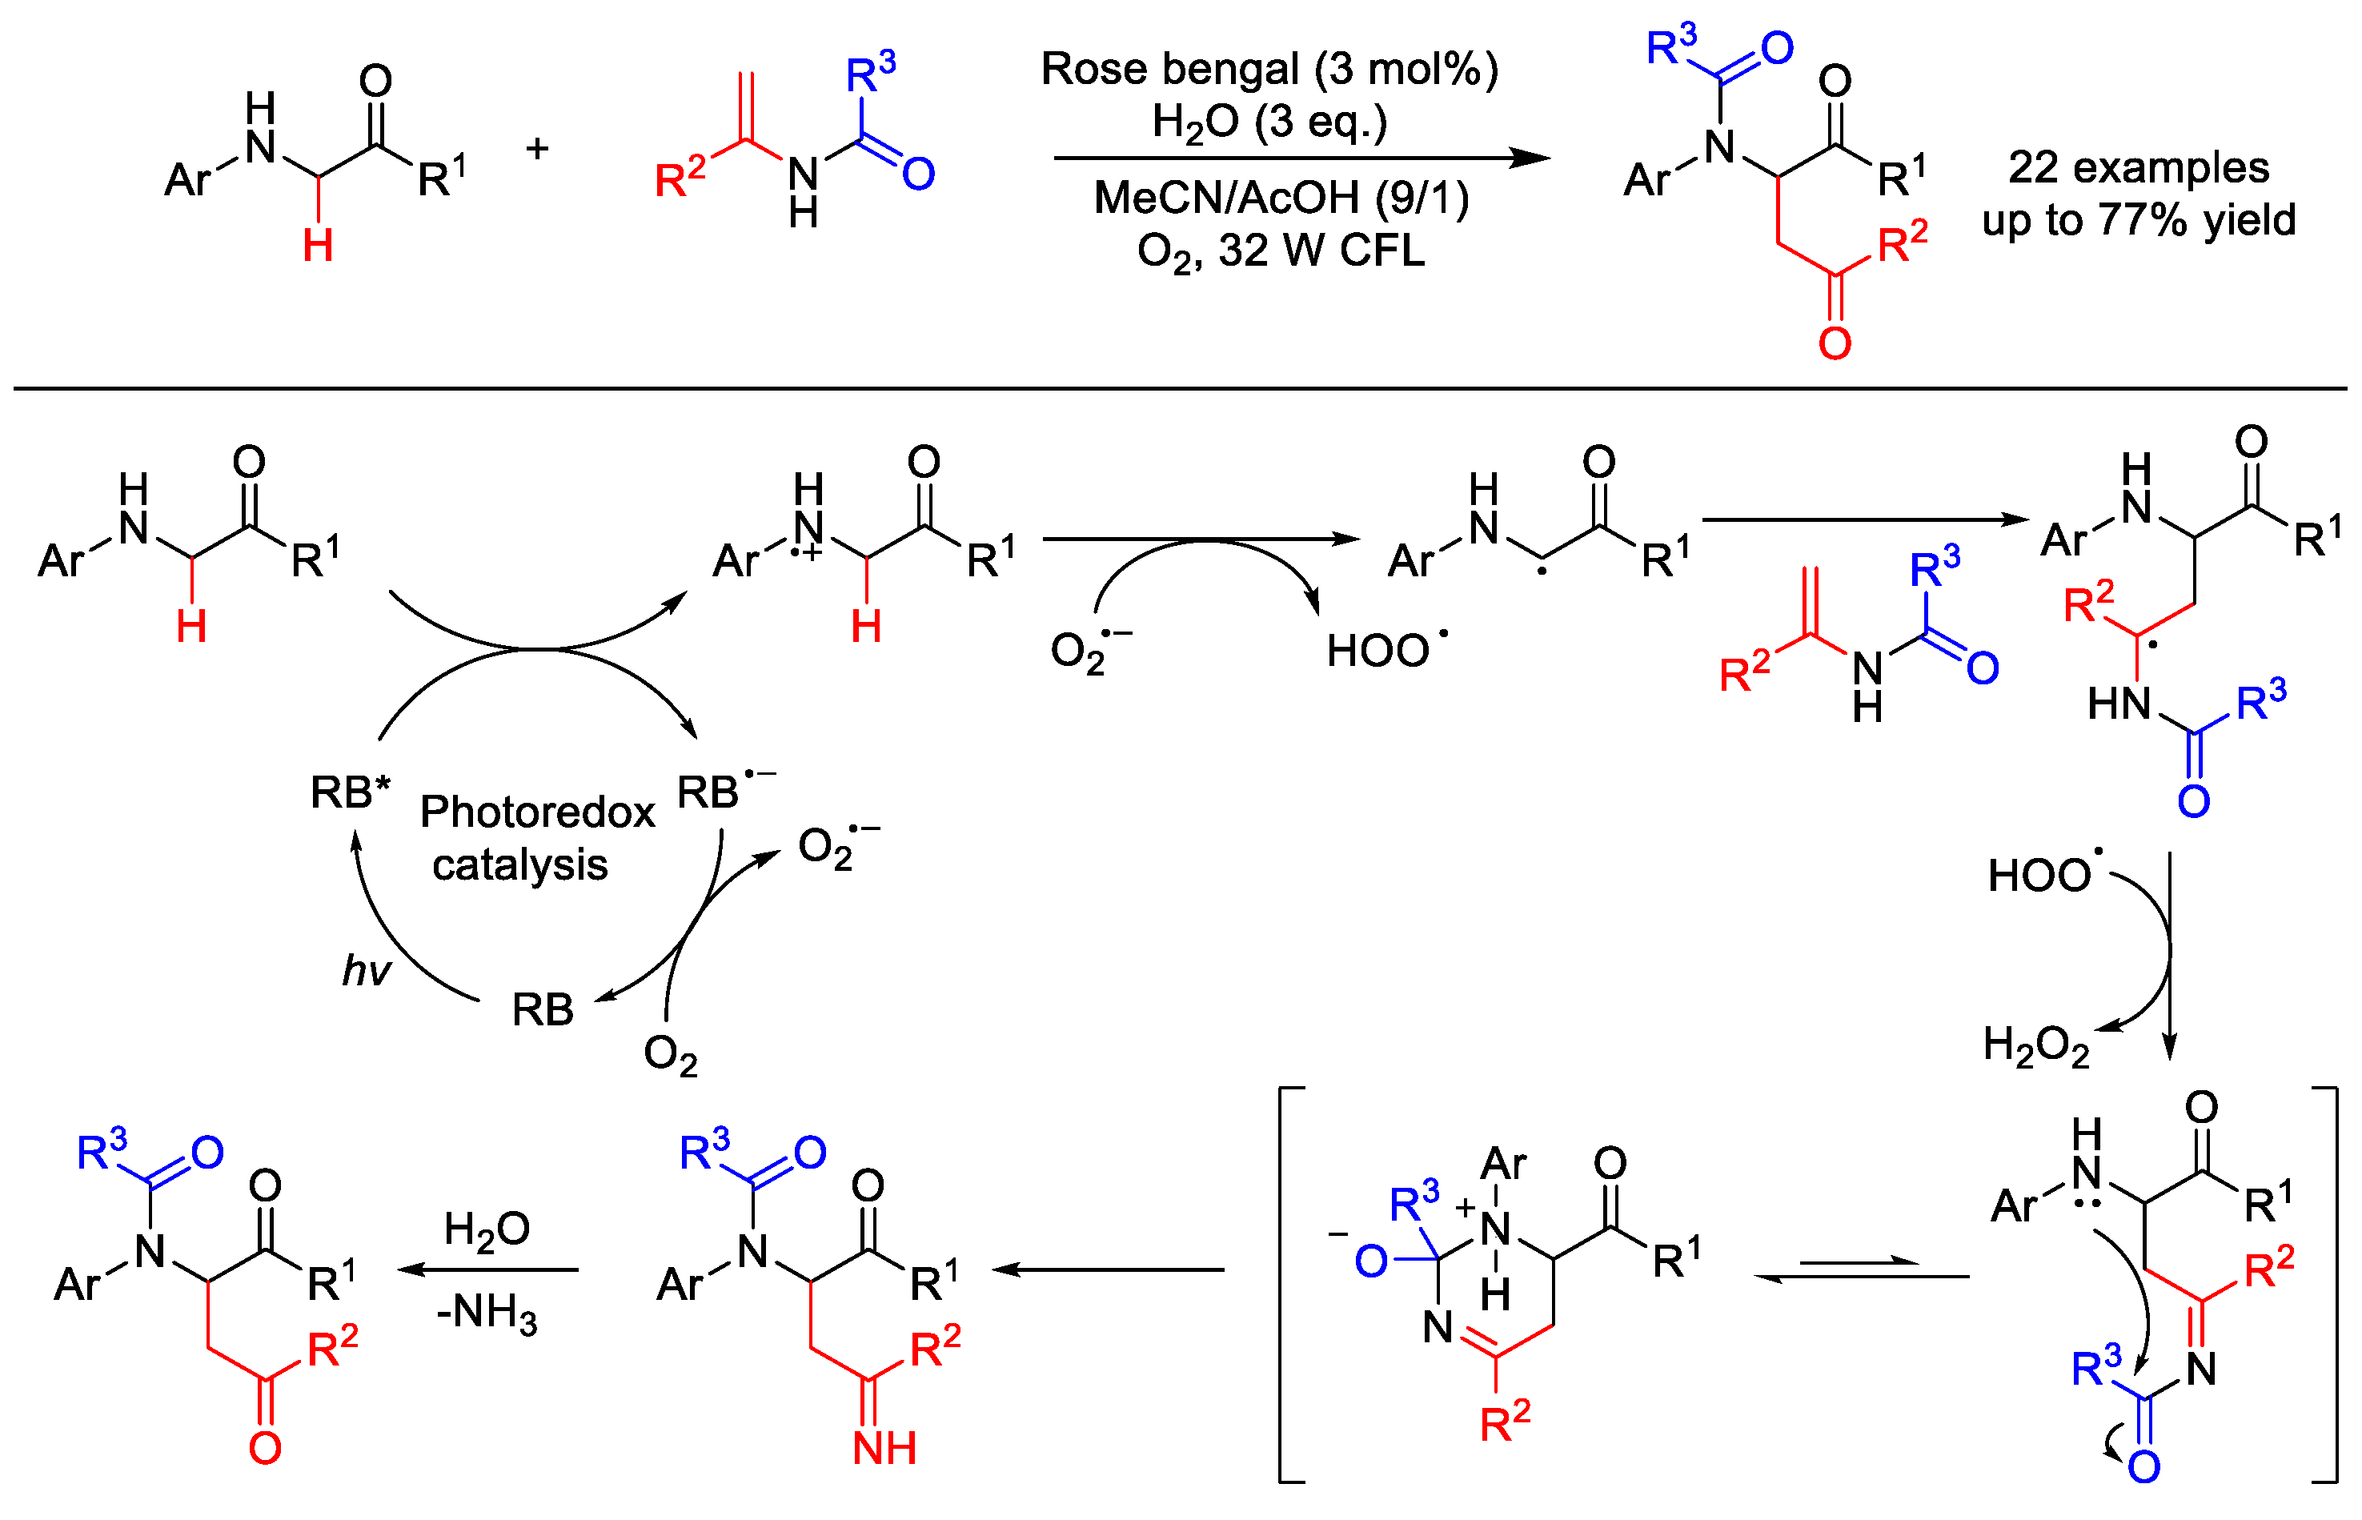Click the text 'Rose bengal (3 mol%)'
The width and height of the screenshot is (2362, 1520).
(x=1269, y=69)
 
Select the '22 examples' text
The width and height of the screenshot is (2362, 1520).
(x=2138, y=168)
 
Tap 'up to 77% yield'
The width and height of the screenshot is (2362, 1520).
(x=2138, y=220)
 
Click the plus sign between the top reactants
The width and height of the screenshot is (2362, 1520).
(x=537, y=149)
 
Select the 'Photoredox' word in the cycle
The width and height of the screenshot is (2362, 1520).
(x=537, y=812)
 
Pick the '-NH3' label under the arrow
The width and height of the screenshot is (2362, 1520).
(x=487, y=1313)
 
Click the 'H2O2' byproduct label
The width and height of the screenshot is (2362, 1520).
(x=2035, y=1045)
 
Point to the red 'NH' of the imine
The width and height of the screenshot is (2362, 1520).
(x=884, y=1448)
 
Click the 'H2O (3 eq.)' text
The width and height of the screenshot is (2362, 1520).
(x=1269, y=122)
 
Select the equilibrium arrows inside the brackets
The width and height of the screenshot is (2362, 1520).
(x=1861, y=1269)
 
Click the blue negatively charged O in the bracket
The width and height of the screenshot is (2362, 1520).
(x=1371, y=1261)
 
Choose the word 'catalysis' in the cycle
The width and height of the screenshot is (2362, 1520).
(x=519, y=865)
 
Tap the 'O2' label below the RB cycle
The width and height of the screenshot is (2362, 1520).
(x=670, y=1055)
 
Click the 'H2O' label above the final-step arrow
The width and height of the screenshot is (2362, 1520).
(x=487, y=1229)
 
